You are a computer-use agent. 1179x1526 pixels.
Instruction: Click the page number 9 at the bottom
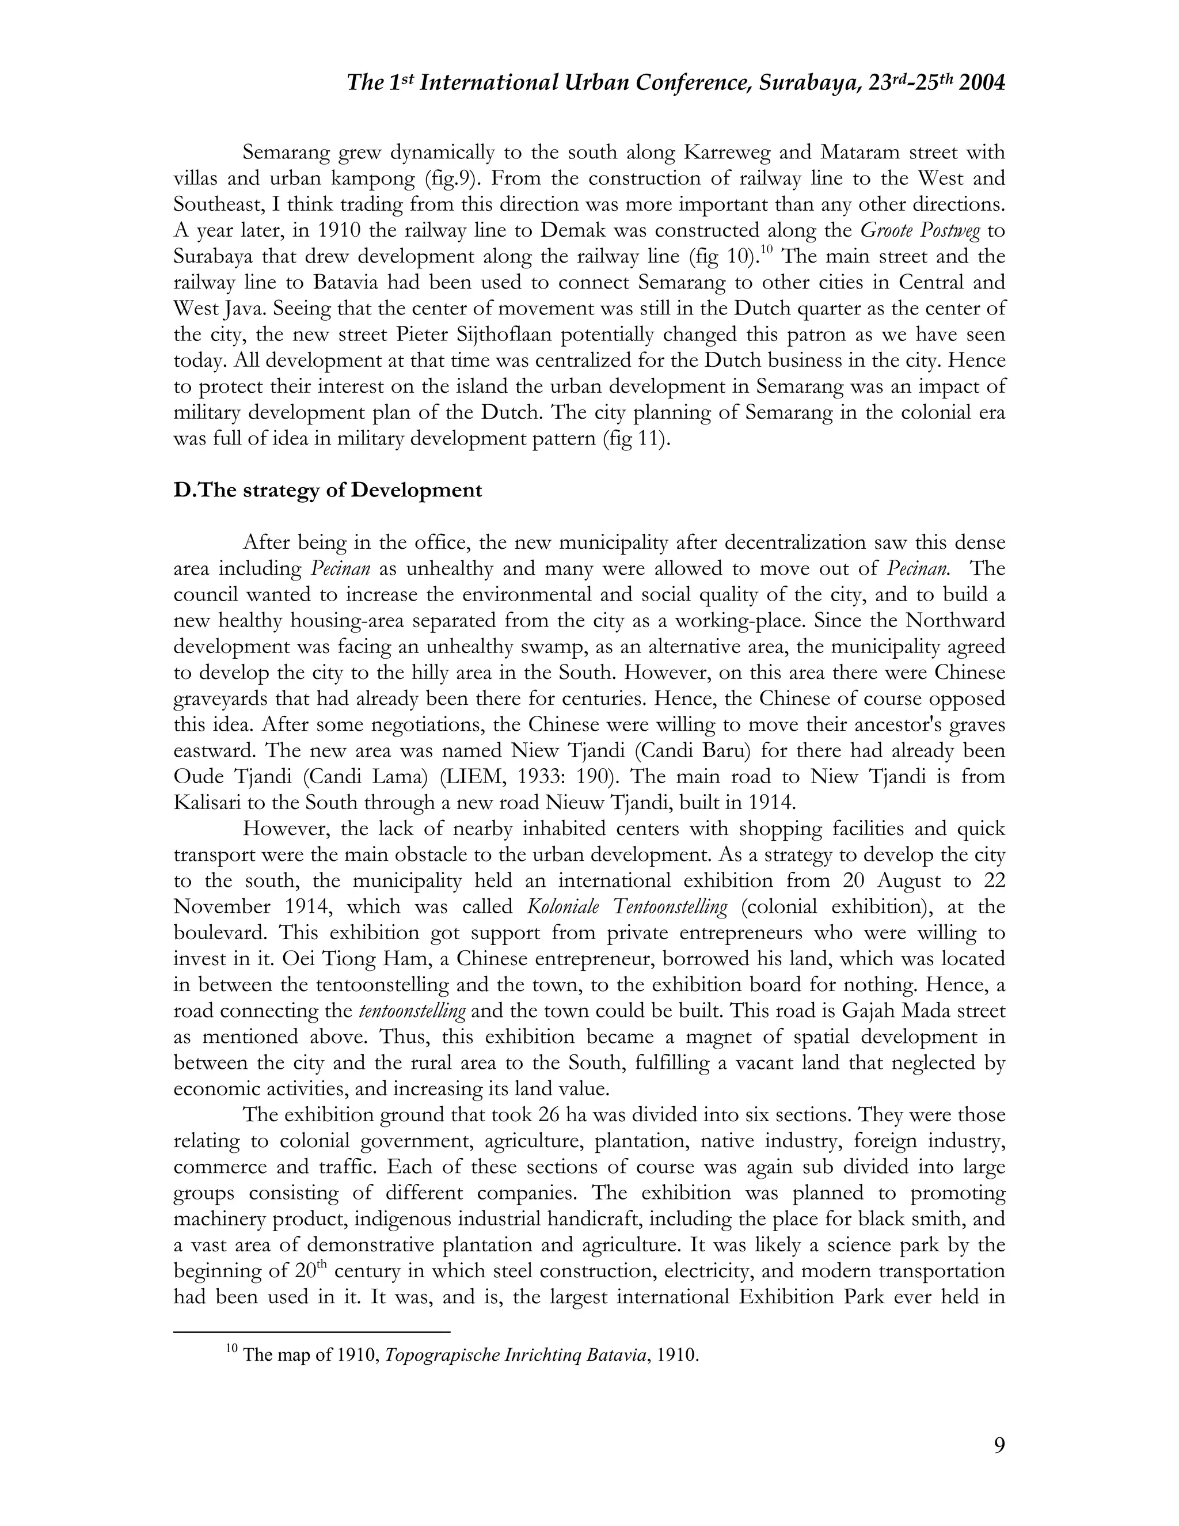(x=999, y=1444)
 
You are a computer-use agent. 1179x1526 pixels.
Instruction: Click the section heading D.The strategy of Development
(x=328, y=491)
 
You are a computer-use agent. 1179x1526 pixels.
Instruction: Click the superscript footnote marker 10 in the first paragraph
(x=767, y=250)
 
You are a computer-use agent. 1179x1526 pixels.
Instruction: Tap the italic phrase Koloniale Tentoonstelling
(x=626, y=907)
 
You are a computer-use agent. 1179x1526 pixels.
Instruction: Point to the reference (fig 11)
(x=636, y=439)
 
